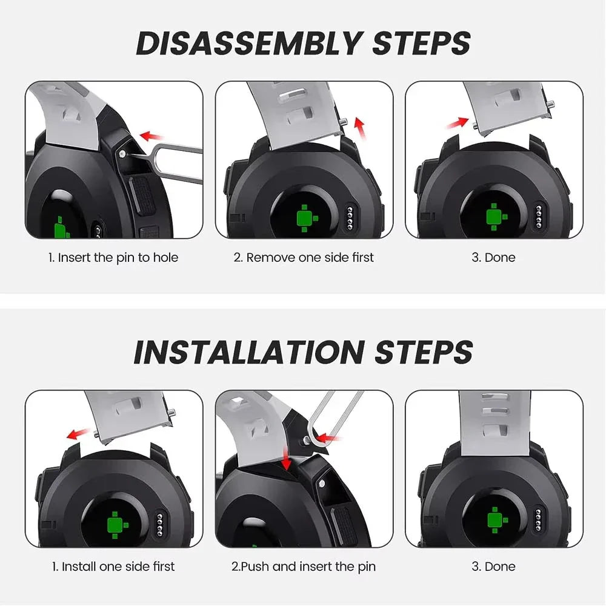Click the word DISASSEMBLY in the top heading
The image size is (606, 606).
click(250, 43)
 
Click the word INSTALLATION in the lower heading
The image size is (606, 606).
click(249, 353)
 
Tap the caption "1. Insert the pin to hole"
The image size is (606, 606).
click(113, 258)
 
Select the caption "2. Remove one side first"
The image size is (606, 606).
click(304, 258)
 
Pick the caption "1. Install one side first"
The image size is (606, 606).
click(113, 567)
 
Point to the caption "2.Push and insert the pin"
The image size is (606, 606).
click(304, 567)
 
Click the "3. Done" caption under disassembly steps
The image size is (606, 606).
click(493, 258)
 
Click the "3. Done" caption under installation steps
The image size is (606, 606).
click(493, 567)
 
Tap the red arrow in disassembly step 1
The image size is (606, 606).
click(151, 136)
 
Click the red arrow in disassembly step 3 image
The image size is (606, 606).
click(458, 123)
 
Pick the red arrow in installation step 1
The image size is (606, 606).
click(79, 434)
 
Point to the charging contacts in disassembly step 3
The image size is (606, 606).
click(539, 216)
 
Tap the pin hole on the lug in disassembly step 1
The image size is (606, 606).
click(122, 154)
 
